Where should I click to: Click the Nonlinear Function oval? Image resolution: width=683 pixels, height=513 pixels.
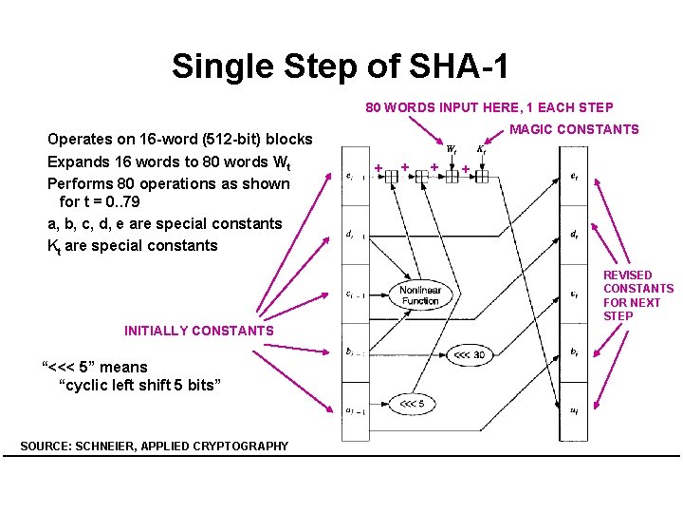click(x=419, y=295)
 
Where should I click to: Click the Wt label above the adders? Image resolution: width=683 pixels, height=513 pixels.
click(x=452, y=149)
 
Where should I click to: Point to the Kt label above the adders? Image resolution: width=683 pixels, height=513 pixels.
click(x=481, y=149)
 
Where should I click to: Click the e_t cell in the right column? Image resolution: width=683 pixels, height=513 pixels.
click(x=575, y=176)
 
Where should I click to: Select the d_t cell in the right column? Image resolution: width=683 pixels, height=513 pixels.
click(x=575, y=235)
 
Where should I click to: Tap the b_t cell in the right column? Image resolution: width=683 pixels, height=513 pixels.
click(x=575, y=352)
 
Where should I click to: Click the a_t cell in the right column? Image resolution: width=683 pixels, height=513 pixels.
click(x=575, y=411)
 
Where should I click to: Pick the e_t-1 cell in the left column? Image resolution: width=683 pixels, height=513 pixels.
click(x=353, y=176)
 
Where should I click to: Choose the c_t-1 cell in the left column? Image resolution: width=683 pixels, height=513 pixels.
click(x=353, y=294)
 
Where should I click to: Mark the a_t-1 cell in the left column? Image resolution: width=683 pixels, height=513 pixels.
click(x=353, y=411)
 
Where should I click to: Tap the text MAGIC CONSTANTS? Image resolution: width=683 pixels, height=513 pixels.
click(x=575, y=129)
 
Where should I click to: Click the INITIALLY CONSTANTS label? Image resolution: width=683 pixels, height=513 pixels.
click(x=198, y=331)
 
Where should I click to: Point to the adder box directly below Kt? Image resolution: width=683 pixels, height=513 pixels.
click(x=482, y=176)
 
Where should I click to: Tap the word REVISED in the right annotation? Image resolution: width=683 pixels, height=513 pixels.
click(x=628, y=275)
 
